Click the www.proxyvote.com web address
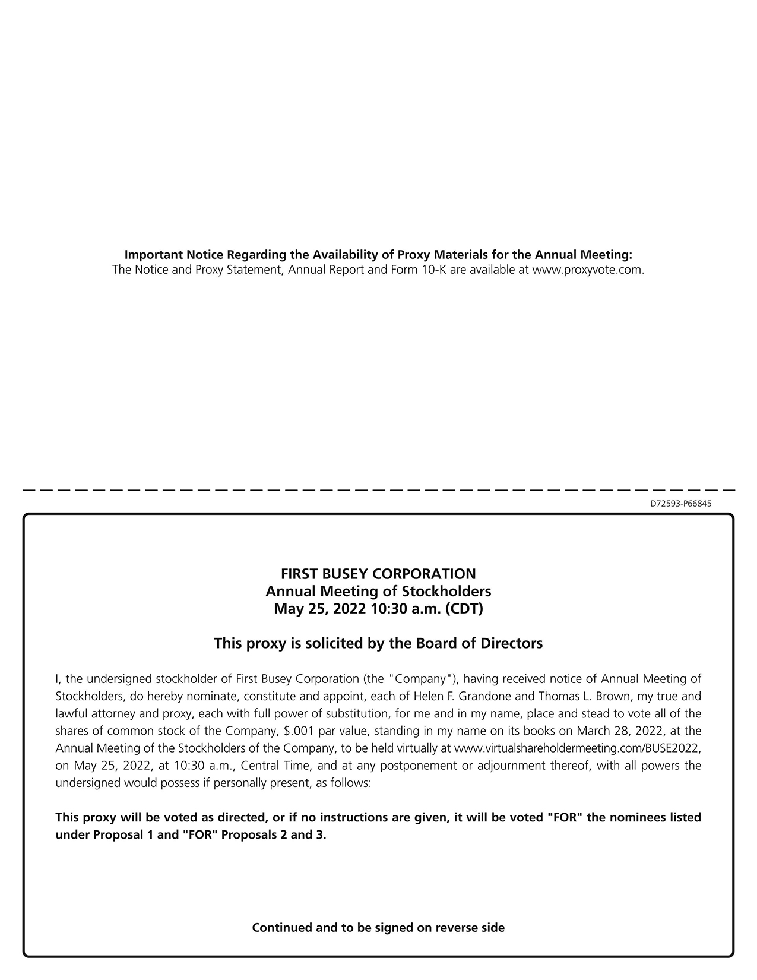(588, 270)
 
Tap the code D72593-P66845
(681, 504)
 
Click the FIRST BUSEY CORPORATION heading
(378, 574)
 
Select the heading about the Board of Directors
(378, 643)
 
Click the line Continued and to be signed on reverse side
(378, 928)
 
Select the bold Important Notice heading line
(378, 255)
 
